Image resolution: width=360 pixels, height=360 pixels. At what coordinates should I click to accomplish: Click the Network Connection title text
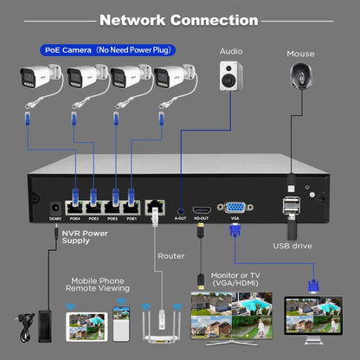(179, 19)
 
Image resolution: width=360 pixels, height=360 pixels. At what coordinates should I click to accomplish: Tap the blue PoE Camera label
(103, 50)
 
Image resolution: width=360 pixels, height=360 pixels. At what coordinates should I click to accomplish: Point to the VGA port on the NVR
(235, 208)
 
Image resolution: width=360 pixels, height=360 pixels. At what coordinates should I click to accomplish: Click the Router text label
(170, 256)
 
